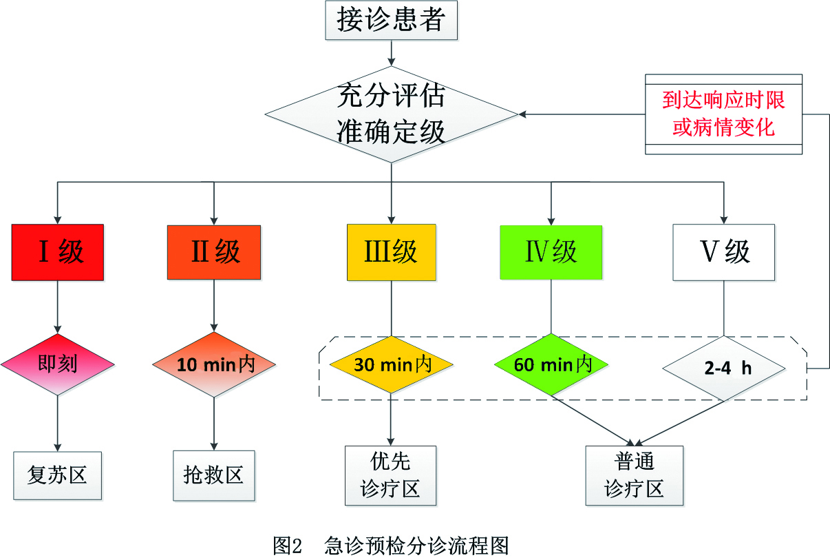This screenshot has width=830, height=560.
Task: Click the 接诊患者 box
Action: click(391, 21)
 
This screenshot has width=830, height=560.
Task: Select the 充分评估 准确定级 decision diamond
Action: click(391, 114)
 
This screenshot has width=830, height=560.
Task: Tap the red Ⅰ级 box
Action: click(57, 252)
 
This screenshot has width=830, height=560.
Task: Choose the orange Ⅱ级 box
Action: click(214, 252)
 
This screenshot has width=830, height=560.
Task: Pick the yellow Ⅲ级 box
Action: click(391, 252)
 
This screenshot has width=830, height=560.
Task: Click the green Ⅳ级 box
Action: click(551, 252)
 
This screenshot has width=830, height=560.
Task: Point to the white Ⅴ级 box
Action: click(724, 252)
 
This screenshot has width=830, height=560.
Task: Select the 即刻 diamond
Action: click(57, 364)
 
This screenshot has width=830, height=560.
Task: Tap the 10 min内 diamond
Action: click(214, 364)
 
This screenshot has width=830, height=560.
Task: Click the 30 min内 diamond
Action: click(391, 364)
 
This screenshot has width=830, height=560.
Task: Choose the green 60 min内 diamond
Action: click(551, 364)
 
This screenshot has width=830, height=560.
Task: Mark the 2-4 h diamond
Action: click(724, 367)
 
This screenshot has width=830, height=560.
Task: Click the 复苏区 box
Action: click(57, 475)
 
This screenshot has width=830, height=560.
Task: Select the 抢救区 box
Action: click(214, 475)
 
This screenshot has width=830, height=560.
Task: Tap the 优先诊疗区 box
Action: click(391, 475)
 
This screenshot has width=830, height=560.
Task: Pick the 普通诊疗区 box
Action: click(634, 475)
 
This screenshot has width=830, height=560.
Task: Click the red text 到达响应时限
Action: click(723, 101)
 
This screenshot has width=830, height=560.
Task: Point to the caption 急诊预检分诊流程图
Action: click(416, 546)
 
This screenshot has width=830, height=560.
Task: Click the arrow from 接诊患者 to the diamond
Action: click(391, 52)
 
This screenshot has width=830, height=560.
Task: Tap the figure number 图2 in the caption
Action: click(288, 546)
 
